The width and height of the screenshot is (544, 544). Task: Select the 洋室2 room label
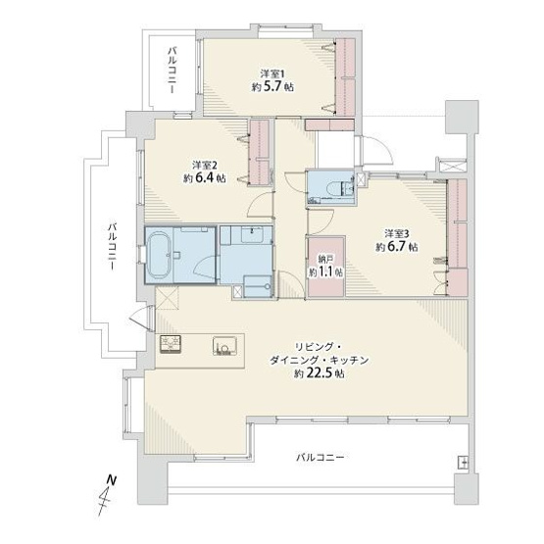pos(204,166)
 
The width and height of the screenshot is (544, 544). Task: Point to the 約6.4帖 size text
pos(204,179)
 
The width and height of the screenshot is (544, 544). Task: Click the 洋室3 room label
pos(396,233)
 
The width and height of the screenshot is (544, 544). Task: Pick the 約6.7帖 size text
pos(396,247)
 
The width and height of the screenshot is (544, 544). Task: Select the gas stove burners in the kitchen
pos(173,344)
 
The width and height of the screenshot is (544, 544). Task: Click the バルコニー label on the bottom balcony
pos(320,458)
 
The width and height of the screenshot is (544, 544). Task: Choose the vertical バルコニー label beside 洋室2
pos(115,251)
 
